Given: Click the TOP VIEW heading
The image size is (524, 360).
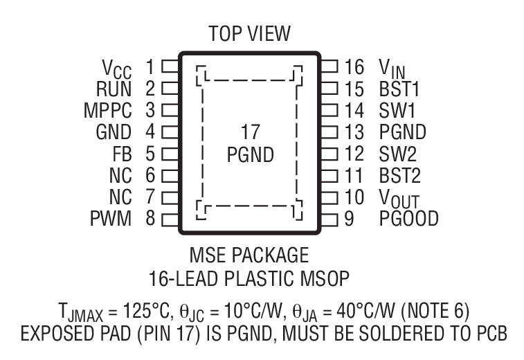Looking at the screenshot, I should click(x=250, y=33).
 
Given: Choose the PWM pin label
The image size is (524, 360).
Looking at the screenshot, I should click(x=111, y=220).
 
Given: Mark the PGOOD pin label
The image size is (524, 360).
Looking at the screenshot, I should click(x=408, y=220).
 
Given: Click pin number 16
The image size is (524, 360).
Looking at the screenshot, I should click(x=354, y=67).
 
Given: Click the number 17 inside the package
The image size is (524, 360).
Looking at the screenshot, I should click(x=250, y=132).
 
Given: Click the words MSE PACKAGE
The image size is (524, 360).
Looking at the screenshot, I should click(x=250, y=255).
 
